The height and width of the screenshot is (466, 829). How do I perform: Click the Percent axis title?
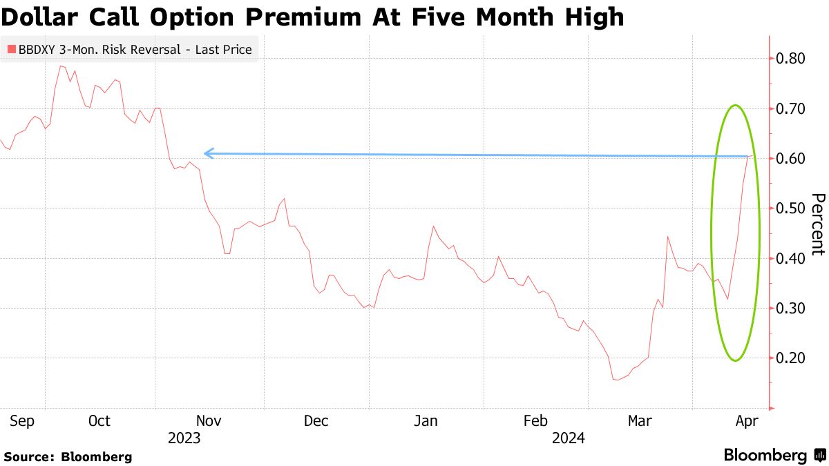pos(817,224)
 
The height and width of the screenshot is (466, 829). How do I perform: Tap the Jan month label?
pos(426,421)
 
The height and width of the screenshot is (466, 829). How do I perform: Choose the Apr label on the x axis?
pos(746,421)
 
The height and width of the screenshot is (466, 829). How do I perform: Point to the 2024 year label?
pos(568,438)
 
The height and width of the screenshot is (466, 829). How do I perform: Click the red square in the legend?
pos(10,50)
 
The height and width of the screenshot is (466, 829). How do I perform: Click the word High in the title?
pos(596,17)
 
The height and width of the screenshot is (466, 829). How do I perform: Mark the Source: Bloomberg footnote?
pos(68,456)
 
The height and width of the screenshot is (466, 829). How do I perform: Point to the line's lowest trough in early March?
pos(616,379)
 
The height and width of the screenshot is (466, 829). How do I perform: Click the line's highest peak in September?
pos(60,66)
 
